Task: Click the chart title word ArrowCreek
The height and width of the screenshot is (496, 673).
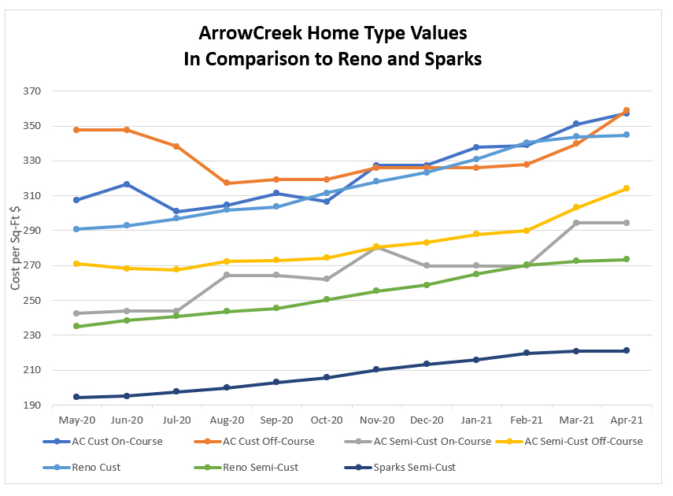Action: (246, 34)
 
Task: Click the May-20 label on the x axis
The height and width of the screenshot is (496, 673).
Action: (76, 421)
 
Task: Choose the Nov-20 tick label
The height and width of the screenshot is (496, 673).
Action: (376, 421)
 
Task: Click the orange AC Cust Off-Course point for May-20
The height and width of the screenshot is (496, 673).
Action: (76, 130)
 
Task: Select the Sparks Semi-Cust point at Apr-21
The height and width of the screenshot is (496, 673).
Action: (627, 350)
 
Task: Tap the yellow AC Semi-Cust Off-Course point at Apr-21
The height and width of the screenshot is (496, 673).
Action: (627, 188)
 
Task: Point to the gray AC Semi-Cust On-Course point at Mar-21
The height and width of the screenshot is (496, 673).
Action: (576, 223)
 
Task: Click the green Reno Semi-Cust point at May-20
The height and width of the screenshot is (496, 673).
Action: (76, 326)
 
